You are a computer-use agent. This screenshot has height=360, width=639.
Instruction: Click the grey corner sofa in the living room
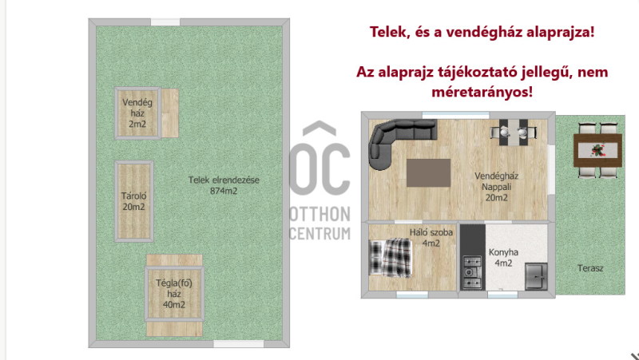(x=381, y=136)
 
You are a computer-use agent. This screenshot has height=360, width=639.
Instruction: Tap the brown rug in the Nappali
(x=429, y=172)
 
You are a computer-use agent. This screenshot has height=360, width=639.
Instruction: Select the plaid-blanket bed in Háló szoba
(x=390, y=258)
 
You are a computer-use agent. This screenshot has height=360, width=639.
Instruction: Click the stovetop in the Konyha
(x=472, y=272)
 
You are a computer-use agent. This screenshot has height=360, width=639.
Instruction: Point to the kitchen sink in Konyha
(x=536, y=276)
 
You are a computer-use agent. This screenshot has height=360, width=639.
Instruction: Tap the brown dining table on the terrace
(x=597, y=150)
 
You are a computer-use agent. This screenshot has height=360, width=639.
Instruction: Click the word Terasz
(x=590, y=268)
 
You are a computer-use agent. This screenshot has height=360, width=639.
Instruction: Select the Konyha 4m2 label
(x=503, y=258)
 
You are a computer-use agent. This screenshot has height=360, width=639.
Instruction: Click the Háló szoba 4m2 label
(x=431, y=238)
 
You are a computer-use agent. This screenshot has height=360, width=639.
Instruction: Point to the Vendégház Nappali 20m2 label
(x=496, y=187)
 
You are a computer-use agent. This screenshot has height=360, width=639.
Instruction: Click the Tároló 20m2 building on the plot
(x=134, y=201)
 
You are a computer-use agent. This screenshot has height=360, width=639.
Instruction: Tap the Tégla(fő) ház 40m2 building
(x=174, y=294)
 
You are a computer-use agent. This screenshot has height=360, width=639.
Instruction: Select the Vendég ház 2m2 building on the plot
(x=137, y=113)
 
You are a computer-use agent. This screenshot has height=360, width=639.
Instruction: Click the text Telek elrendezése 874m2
(x=224, y=185)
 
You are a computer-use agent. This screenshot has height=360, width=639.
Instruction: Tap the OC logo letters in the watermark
(x=320, y=168)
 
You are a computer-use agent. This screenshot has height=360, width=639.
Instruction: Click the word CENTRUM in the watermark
(x=320, y=233)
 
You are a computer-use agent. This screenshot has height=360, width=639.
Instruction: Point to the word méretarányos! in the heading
(x=482, y=92)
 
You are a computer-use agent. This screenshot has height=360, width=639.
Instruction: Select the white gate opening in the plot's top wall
(x=165, y=22)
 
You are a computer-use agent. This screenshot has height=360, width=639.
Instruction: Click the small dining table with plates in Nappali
(x=514, y=132)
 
